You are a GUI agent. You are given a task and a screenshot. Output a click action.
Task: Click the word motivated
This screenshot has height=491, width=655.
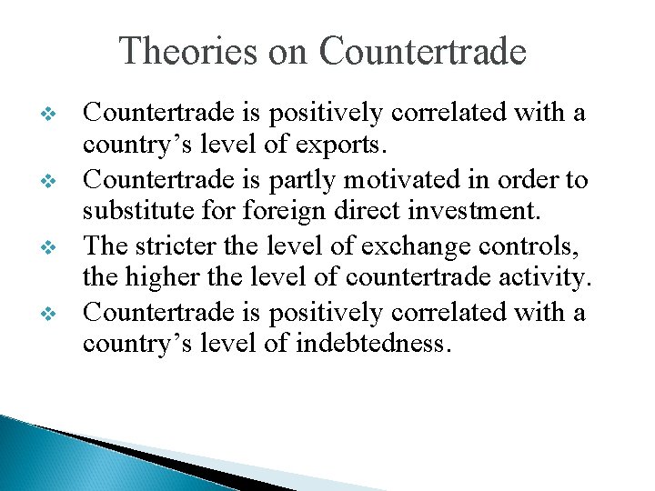pyautogui.click(x=416, y=180)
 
